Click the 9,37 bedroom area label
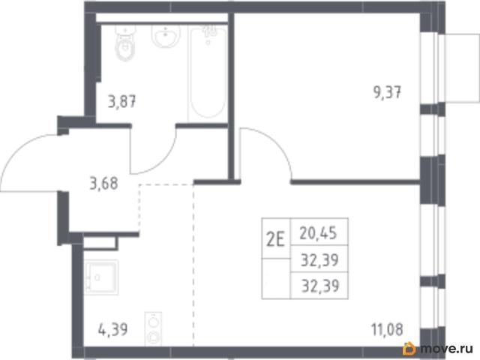pyautogui.click(x=387, y=92)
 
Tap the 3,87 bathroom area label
pyautogui.click(x=121, y=101)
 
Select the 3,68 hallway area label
pyautogui.click(x=103, y=184)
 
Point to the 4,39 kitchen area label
pyautogui.click(x=113, y=330)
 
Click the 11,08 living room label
pyautogui.click(x=387, y=329)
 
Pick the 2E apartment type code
pyautogui.click(x=275, y=239)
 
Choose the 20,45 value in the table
pyautogui.click(x=318, y=233)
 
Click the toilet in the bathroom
pyautogui.click(x=125, y=43)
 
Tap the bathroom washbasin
pyautogui.click(x=166, y=36)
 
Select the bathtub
pyautogui.click(x=208, y=73)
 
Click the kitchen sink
pyautogui.click(x=101, y=277)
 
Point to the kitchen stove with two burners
pyautogui.click(x=153, y=328)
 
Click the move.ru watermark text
pyautogui.click(x=447, y=348)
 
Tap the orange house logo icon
pyautogui.click(x=409, y=348)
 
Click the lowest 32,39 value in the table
pyautogui.click(x=320, y=286)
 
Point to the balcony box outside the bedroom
pyautogui.click(x=459, y=67)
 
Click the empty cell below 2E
pyautogui.click(x=276, y=278)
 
